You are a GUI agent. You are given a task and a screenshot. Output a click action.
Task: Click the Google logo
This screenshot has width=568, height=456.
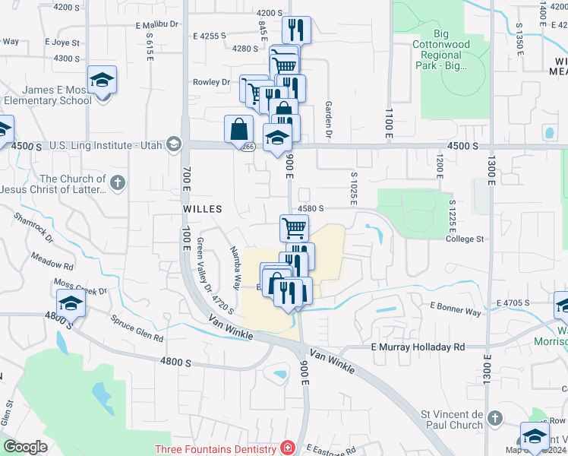pos(26,447)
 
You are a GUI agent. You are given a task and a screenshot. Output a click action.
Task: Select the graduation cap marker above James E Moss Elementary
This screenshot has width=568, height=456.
pos(101,79)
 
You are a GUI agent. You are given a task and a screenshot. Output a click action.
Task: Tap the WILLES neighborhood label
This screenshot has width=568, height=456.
pos(202,208)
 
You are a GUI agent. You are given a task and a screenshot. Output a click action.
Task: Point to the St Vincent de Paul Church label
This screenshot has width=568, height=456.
pos(452,420)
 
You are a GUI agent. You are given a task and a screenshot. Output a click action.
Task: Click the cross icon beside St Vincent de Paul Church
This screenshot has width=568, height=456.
pos(494,418)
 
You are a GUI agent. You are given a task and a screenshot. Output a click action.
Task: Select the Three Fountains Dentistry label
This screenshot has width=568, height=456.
pos(215,449)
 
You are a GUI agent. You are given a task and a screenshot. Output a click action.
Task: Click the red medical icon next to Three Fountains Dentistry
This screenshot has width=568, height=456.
pos(286,448)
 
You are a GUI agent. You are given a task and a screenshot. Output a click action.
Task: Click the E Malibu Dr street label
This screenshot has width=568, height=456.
pos(156,24)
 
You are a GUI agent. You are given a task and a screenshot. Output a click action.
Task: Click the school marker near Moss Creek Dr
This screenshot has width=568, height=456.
pos(71,302)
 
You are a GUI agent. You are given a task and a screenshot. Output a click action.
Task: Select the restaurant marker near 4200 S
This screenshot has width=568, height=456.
pos(296,30)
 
